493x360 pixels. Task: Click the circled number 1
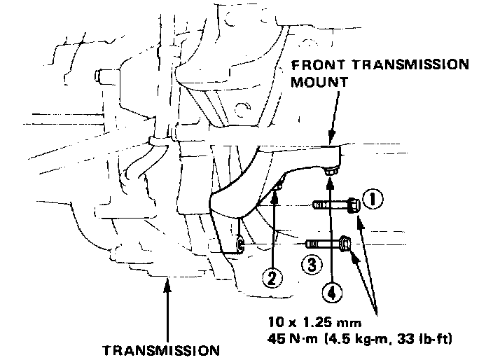[373, 201]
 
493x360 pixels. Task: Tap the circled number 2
[274, 277]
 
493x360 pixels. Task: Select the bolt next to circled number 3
[329, 244]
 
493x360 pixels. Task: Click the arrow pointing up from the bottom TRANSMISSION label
[168, 308]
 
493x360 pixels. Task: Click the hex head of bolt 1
[353, 205]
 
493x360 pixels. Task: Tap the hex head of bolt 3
[344, 244]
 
